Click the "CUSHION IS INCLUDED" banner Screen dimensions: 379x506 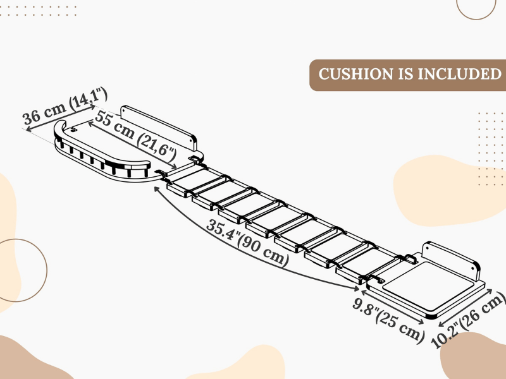click(x=409, y=75)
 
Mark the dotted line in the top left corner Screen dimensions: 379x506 click(x=38, y=11)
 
